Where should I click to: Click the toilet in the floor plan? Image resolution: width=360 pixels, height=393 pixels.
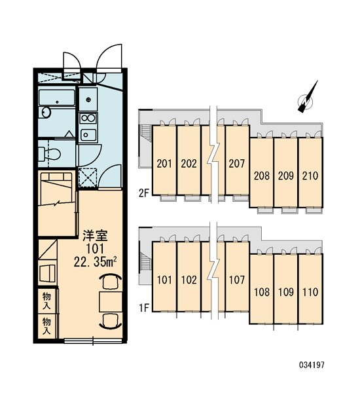click(50, 153)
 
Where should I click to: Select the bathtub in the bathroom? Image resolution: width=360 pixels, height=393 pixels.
click(56, 97)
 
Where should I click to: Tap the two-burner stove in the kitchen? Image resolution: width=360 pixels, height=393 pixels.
click(88, 118)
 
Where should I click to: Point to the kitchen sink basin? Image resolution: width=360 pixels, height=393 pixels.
click(88, 135)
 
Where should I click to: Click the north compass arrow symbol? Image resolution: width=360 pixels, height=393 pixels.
click(307, 98)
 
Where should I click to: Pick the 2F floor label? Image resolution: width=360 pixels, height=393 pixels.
click(144, 193)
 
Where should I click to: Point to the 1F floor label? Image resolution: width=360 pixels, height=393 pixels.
click(144, 308)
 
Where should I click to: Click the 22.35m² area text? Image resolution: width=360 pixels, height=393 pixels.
click(95, 262)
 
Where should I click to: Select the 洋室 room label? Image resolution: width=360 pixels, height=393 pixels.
click(95, 236)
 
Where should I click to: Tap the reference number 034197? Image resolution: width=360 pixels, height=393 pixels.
click(312, 365)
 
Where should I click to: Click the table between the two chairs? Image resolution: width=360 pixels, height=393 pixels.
click(111, 302)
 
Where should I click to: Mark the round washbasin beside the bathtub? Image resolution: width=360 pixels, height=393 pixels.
click(46, 112)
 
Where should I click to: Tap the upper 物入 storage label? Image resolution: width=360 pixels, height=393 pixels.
click(46, 301)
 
